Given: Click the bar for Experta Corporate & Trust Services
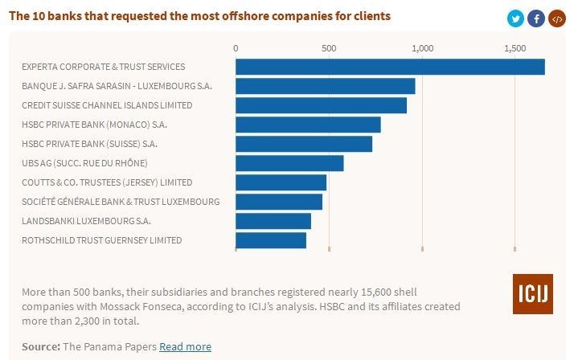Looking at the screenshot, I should click(390, 67).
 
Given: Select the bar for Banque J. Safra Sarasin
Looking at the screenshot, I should click(325, 86).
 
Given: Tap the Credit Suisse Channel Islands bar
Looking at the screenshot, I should click(321, 105).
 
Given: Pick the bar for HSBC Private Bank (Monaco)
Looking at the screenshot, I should click(308, 125).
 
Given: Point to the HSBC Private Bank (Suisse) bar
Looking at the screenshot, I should click(304, 144).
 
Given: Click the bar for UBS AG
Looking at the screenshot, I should click(289, 163).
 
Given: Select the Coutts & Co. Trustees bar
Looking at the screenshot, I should click(281, 182).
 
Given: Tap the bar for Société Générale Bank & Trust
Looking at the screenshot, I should click(279, 202).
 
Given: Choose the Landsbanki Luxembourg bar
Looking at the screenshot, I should click(273, 221).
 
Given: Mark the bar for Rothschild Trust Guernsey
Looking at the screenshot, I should click(271, 240).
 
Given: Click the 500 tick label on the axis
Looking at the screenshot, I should click(329, 48).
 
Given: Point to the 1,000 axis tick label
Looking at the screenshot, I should click(422, 48).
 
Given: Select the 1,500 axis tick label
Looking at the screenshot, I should click(515, 48).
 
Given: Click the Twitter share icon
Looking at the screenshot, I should click(515, 18).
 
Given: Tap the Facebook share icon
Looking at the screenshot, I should click(536, 18).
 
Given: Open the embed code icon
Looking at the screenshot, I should click(556, 18).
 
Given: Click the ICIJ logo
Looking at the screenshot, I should click(532, 294).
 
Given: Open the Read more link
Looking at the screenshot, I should click(185, 346).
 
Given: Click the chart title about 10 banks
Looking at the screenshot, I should click(200, 15).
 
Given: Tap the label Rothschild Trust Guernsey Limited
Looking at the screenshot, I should click(102, 240).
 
